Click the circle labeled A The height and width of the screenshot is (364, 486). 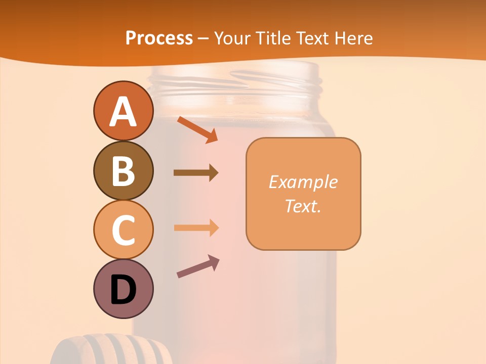[123, 111]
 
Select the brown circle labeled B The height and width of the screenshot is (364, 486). [123, 170]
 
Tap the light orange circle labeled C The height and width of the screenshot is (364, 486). [123, 230]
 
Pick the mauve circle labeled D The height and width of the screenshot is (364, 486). [123, 289]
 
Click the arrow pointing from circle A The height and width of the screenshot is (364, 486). [197, 129]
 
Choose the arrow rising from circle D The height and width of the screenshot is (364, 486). [198, 266]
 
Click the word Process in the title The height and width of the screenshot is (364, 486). [159, 38]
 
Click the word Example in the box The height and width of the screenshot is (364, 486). [303, 182]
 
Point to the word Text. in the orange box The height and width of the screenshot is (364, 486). [303, 206]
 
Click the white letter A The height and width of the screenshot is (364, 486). [123, 112]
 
